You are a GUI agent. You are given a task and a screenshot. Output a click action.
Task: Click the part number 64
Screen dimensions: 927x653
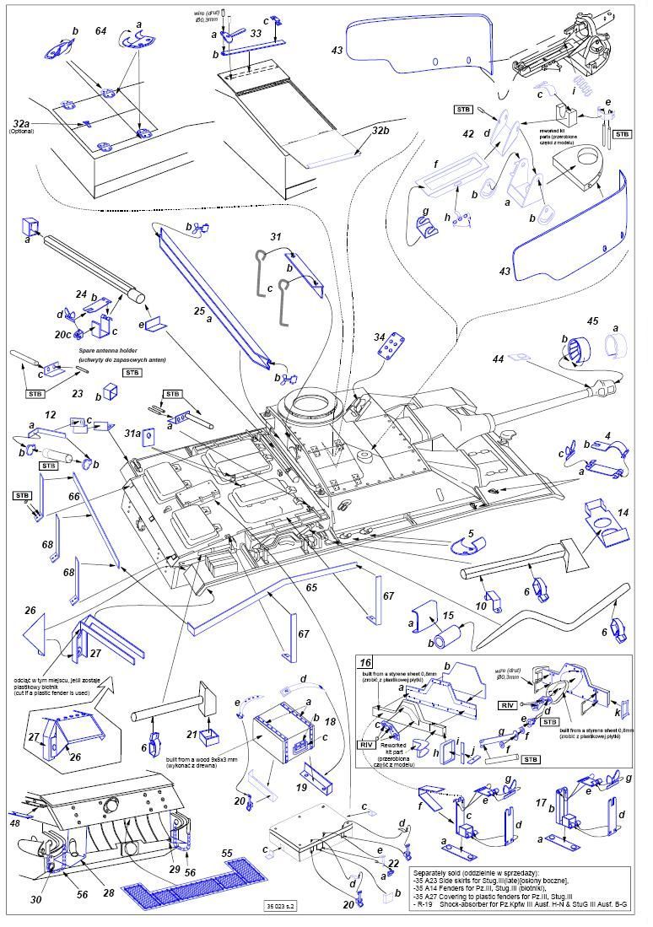pyautogui.click(x=100, y=31)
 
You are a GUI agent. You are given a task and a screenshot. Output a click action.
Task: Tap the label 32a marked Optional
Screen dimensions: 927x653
pyautogui.click(x=20, y=124)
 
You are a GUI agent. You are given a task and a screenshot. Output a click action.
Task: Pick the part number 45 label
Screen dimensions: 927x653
pyautogui.click(x=593, y=321)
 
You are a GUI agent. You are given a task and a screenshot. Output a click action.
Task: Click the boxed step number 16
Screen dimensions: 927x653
pyautogui.click(x=365, y=663)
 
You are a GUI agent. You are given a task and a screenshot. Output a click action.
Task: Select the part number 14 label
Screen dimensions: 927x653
pyautogui.click(x=623, y=512)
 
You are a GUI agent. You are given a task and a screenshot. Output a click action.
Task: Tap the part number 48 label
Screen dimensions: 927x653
pyautogui.click(x=14, y=822)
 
